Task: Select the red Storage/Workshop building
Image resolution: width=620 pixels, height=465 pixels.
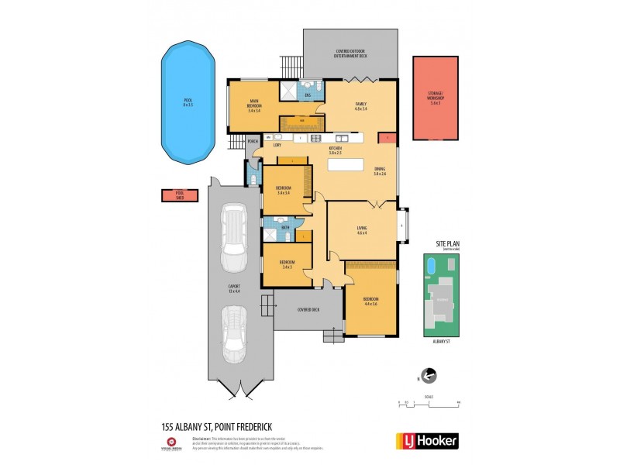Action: point(435,98)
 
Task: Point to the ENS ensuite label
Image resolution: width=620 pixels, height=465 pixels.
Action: point(308,95)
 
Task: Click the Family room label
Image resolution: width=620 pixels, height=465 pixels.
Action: point(360,105)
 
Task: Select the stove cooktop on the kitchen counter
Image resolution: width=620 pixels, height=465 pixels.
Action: point(316,139)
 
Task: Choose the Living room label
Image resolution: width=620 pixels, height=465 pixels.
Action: point(361,228)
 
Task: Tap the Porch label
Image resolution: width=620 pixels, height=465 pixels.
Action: point(253,142)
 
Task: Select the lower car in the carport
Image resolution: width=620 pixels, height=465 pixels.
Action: point(236,333)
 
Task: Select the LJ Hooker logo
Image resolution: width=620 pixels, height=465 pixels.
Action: point(427,441)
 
